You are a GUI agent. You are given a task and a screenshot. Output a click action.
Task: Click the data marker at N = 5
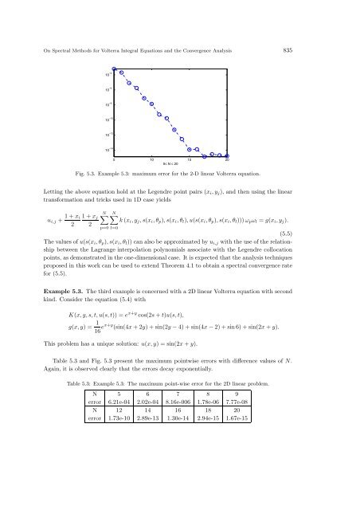115,69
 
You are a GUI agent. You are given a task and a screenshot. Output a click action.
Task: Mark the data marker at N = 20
228,156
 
